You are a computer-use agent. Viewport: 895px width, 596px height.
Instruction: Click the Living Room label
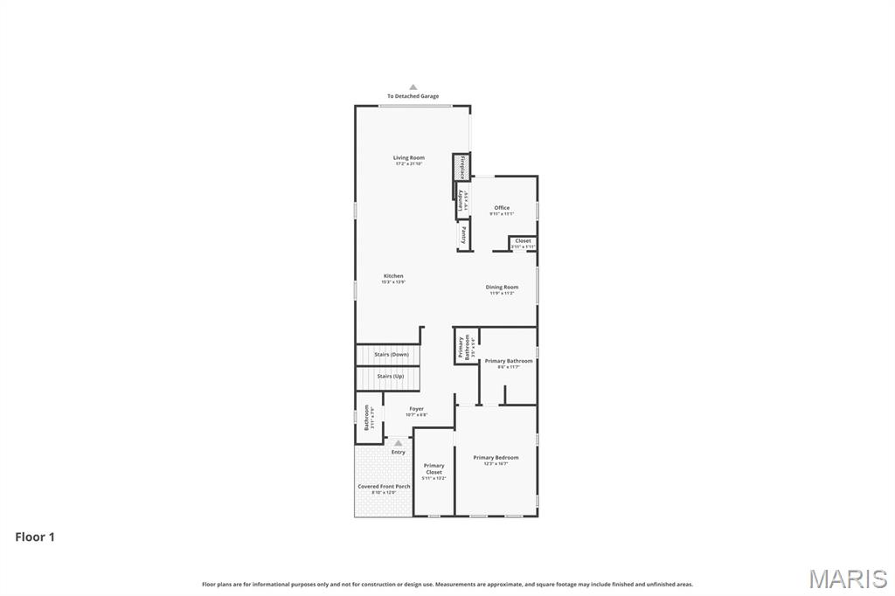[408, 158]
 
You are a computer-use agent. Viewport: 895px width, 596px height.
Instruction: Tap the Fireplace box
[461, 166]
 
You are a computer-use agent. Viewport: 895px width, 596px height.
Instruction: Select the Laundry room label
[461, 200]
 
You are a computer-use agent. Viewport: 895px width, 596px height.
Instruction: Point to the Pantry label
[463, 235]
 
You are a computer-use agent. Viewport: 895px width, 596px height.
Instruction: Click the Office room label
[502, 208]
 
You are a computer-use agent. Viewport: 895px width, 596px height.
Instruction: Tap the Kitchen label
[393, 276]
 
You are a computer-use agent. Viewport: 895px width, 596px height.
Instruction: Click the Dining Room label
[502, 288]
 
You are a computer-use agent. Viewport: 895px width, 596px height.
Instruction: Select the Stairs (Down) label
[391, 355]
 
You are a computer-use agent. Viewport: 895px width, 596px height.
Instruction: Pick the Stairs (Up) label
[390, 377]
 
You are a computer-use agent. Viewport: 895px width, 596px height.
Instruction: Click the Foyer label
[416, 409]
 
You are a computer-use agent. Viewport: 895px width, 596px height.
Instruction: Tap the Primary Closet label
[434, 469]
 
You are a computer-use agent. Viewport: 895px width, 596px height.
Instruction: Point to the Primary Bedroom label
[496, 458]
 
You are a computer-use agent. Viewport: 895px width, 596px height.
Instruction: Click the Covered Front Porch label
[384, 487]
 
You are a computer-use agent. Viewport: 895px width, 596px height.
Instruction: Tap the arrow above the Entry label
[399, 444]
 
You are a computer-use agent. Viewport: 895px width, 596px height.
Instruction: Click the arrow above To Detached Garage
[413, 87]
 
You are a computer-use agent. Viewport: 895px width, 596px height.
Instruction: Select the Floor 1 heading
[35, 537]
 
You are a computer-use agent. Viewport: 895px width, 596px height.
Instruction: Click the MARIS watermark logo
[847, 579]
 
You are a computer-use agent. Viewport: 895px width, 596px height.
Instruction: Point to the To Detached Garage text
[413, 96]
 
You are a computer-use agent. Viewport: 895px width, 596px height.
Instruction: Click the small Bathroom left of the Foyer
[368, 418]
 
